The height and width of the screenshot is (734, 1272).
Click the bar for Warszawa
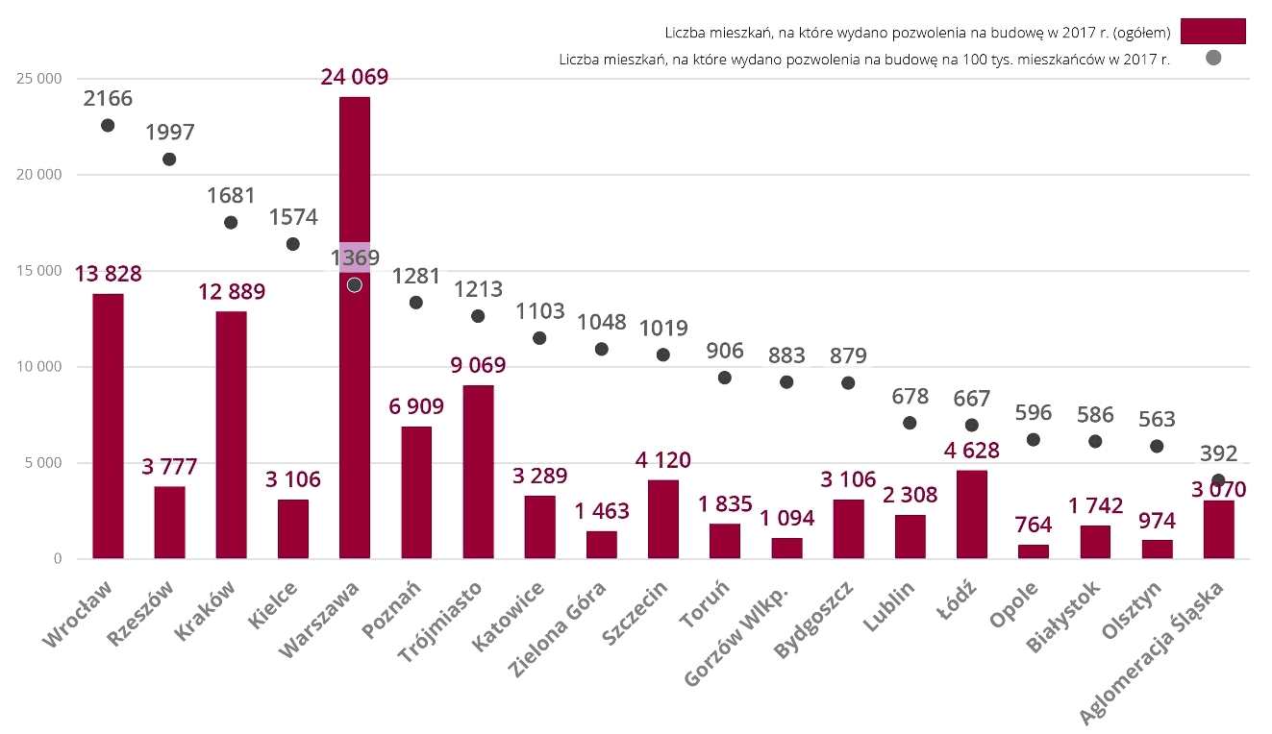pyautogui.click(x=354, y=384)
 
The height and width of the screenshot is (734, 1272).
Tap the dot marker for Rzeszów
pyautogui.click(x=169, y=159)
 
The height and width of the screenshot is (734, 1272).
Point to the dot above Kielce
pyautogui.click(x=292, y=244)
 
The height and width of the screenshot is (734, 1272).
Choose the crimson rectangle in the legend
pyautogui.click(x=1212, y=32)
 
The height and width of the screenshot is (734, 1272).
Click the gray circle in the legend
pyautogui.click(x=1212, y=58)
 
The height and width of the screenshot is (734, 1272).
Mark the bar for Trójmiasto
pyautogui.click(x=478, y=472)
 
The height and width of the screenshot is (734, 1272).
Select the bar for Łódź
pyautogui.click(x=971, y=514)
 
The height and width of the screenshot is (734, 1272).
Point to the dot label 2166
pyautogui.click(x=108, y=99)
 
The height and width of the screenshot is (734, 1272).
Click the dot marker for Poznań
pyautogui.click(x=416, y=303)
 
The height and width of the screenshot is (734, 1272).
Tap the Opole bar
pyautogui.click(x=1034, y=551)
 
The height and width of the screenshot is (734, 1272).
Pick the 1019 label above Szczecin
pyautogui.click(x=662, y=329)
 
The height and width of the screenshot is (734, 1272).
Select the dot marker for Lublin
pyautogui.click(x=910, y=423)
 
